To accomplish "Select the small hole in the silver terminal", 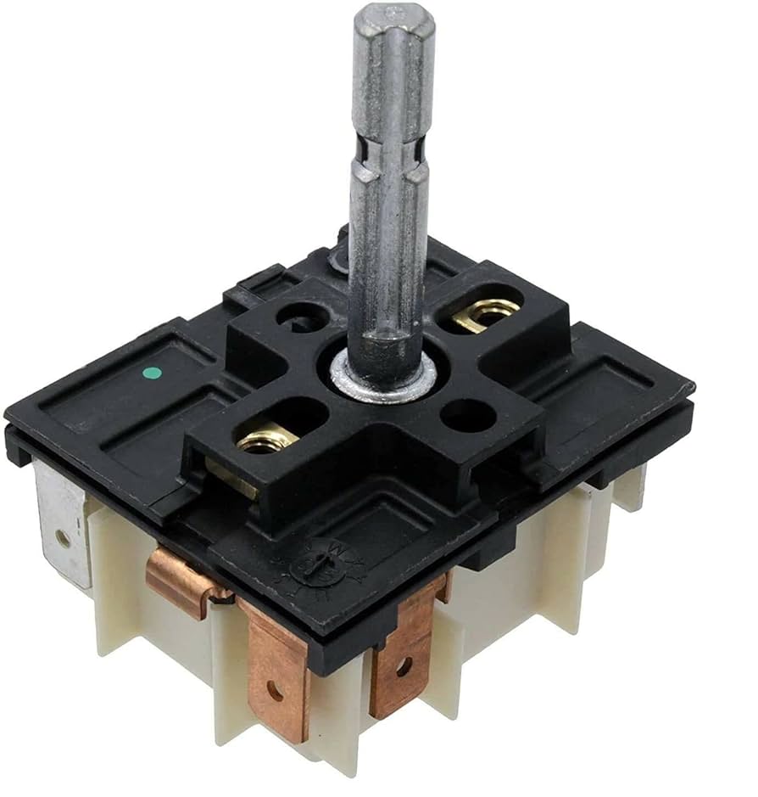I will pos(60,538).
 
